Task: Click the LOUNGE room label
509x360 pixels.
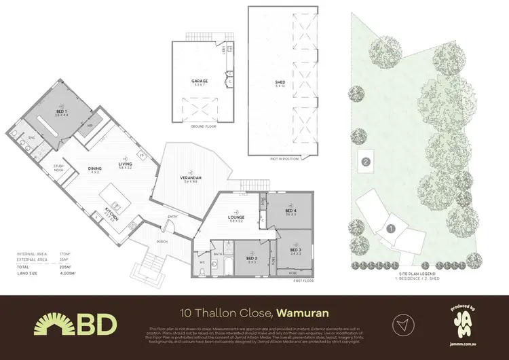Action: pos(236,218)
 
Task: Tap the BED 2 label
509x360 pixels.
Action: pos(251,258)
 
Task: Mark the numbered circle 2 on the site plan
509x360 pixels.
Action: pos(366,162)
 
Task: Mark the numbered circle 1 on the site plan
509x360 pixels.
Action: pos(390,230)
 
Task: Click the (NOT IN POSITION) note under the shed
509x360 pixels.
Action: pos(280,158)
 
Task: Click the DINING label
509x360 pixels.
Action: pos(94,170)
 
